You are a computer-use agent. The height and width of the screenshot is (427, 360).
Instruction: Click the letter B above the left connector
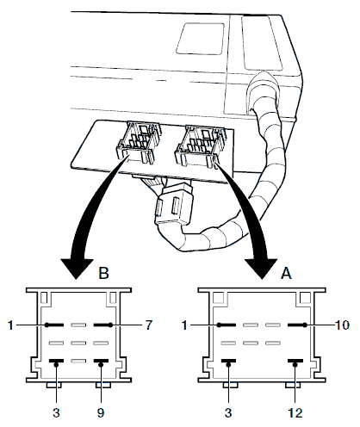104,273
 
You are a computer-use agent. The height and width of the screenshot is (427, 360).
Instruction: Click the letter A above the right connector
286,273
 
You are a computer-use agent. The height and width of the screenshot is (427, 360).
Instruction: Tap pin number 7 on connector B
148,325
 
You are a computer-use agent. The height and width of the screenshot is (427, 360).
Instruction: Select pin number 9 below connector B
101,413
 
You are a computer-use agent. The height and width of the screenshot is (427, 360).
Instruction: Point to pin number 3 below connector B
56,413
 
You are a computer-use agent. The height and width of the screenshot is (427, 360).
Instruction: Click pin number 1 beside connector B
10,325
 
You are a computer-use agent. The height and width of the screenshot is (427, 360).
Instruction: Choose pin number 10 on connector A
342,325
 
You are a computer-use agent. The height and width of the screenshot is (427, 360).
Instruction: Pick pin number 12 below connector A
295,413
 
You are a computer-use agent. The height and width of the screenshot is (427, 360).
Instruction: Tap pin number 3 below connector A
228,413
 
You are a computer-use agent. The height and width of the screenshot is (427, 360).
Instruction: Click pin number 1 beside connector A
184,325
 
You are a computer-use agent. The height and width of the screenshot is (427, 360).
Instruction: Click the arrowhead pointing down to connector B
77,269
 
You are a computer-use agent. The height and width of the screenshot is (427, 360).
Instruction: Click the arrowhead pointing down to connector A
261,269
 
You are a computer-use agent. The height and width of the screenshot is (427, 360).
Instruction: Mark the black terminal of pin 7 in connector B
102,325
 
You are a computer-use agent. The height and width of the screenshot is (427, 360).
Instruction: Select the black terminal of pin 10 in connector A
297,325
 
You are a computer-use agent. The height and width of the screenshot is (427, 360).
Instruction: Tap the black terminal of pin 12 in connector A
295,361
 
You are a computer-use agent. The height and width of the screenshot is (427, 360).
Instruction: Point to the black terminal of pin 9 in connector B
101,361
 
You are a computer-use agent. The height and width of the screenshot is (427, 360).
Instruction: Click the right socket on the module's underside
200,145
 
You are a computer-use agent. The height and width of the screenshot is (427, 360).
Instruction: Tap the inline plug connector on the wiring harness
174,205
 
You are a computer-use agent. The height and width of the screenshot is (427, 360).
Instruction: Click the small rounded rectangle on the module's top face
200,39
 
